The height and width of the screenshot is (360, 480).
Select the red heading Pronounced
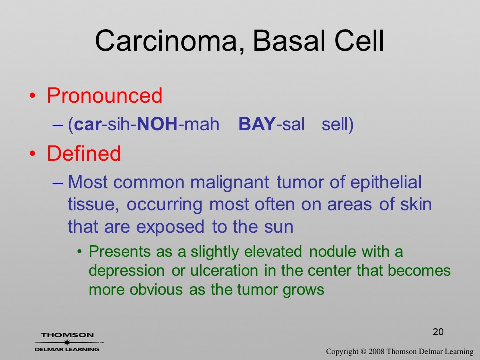coord(104,95)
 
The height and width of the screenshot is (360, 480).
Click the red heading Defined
coord(84,153)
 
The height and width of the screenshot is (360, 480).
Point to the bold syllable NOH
coord(157,124)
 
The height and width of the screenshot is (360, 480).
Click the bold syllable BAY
coord(257,124)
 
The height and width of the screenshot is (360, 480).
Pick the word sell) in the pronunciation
coord(338,125)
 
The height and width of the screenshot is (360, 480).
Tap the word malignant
coord(230,183)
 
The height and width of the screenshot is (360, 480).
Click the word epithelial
coord(386,182)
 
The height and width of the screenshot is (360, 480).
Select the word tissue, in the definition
coord(93,204)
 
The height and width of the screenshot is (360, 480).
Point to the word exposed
coord(170,227)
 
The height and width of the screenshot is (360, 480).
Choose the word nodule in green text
coord(333,252)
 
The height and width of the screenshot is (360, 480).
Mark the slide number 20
coord(438,332)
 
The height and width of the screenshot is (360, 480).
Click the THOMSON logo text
coord(67,335)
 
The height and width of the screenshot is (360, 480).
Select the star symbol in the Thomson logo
coord(67,342)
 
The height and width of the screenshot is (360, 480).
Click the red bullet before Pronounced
coord(33,96)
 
